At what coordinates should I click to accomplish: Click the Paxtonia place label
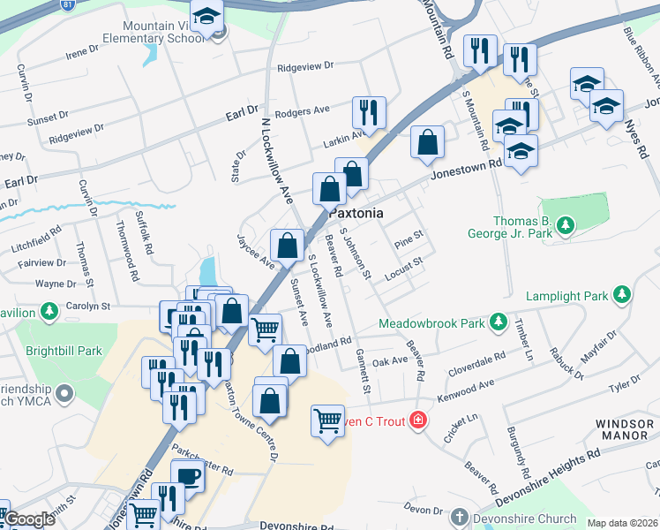pyautogui.click(x=356, y=214)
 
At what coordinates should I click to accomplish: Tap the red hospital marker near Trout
pyautogui.click(x=418, y=421)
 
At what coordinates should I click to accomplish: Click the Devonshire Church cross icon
pyautogui.click(x=459, y=517)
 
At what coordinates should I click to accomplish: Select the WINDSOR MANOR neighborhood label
pyautogui.click(x=624, y=430)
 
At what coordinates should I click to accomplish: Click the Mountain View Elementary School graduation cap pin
pyautogui.click(x=207, y=18)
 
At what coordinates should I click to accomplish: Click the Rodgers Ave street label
pyautogui.click(x=302, y=111)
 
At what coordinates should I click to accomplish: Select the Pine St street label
pyautogui.click(x=409, y=238)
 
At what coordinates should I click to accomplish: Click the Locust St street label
pyautogui.click(x=405, y=268)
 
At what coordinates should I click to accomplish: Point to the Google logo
pyautogui.click(x=29, y=519)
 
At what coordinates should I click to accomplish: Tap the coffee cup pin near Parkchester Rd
pyautogui.click(x=189, y=477)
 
